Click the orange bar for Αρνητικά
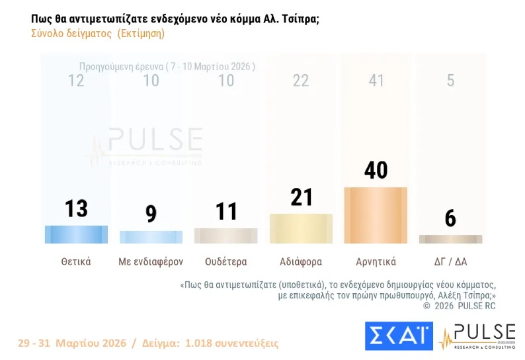coord(376,215)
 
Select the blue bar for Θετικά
coord(76,234)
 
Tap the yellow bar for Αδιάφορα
coord(301,228)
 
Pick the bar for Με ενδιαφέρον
coord(151,237)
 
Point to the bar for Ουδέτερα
coord(225,236)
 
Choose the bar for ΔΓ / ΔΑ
coord(450,239)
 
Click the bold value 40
coord(376,170)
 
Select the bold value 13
coord(76,208)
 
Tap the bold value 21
coord(301,197)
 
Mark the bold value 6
coord(450,218)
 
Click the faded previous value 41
coord(376,81)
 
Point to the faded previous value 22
coord(301,81)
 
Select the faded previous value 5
coord(450,81)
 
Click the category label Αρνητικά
coord(376,261)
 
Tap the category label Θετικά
coord(76,261)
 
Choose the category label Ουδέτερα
coord(225,261)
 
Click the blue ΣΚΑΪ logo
coord(399,336)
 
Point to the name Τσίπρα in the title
coord(301,19)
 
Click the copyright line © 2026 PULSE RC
coord(459,306)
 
